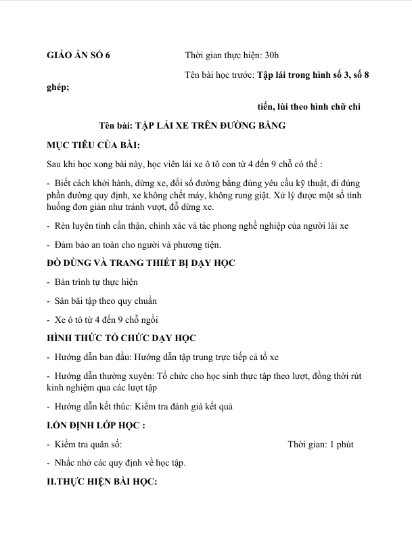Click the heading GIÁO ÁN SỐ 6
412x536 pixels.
[x=75, y=56]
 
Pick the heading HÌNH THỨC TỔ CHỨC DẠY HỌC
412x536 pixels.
[x=131, y=337]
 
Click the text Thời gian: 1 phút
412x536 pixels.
[x=320, y=445]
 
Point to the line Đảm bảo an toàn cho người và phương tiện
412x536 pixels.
[x=138, y=244]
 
